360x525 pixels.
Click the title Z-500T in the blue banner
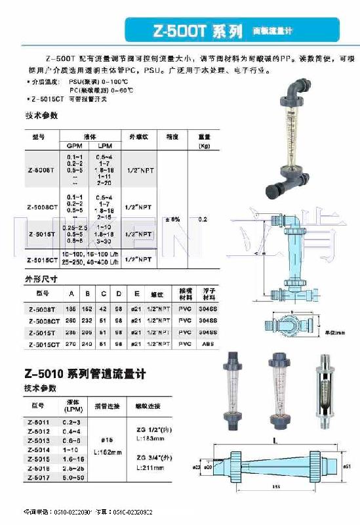point(172,31)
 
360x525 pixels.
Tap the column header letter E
point(136,292)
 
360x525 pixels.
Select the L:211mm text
point(151,468)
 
